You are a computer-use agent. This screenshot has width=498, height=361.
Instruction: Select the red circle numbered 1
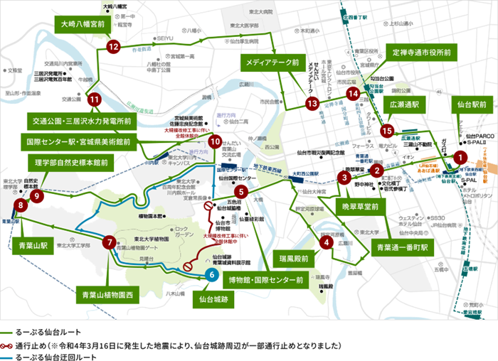point(460,158)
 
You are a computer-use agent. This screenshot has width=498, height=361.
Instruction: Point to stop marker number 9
point(37,194)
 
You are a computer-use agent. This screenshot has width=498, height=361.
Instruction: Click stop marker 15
point(387,131)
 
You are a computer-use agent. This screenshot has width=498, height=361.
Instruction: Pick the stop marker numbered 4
point(326,242)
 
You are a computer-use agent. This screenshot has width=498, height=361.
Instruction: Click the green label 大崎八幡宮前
point(81,24)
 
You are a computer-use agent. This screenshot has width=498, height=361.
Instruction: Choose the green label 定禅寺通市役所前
point(422,52)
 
